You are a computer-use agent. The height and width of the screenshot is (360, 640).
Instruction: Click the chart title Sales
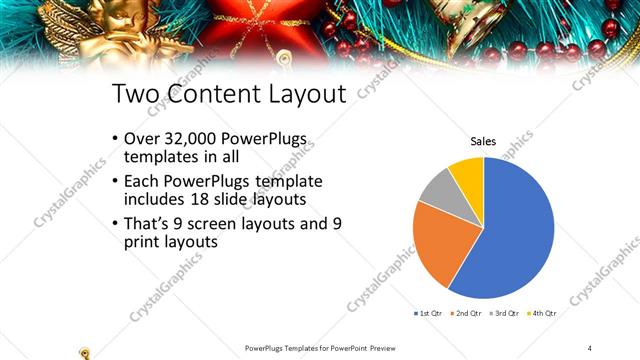click(x=483, y=141)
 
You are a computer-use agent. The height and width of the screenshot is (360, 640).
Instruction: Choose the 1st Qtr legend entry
click(x=430, y=313)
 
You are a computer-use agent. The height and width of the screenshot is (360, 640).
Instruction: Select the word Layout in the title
click(x=302, y=95)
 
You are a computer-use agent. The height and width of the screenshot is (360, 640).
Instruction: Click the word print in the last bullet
click(x=142, y=243)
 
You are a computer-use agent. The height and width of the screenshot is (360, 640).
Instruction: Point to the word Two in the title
click(x=133, y=95)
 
